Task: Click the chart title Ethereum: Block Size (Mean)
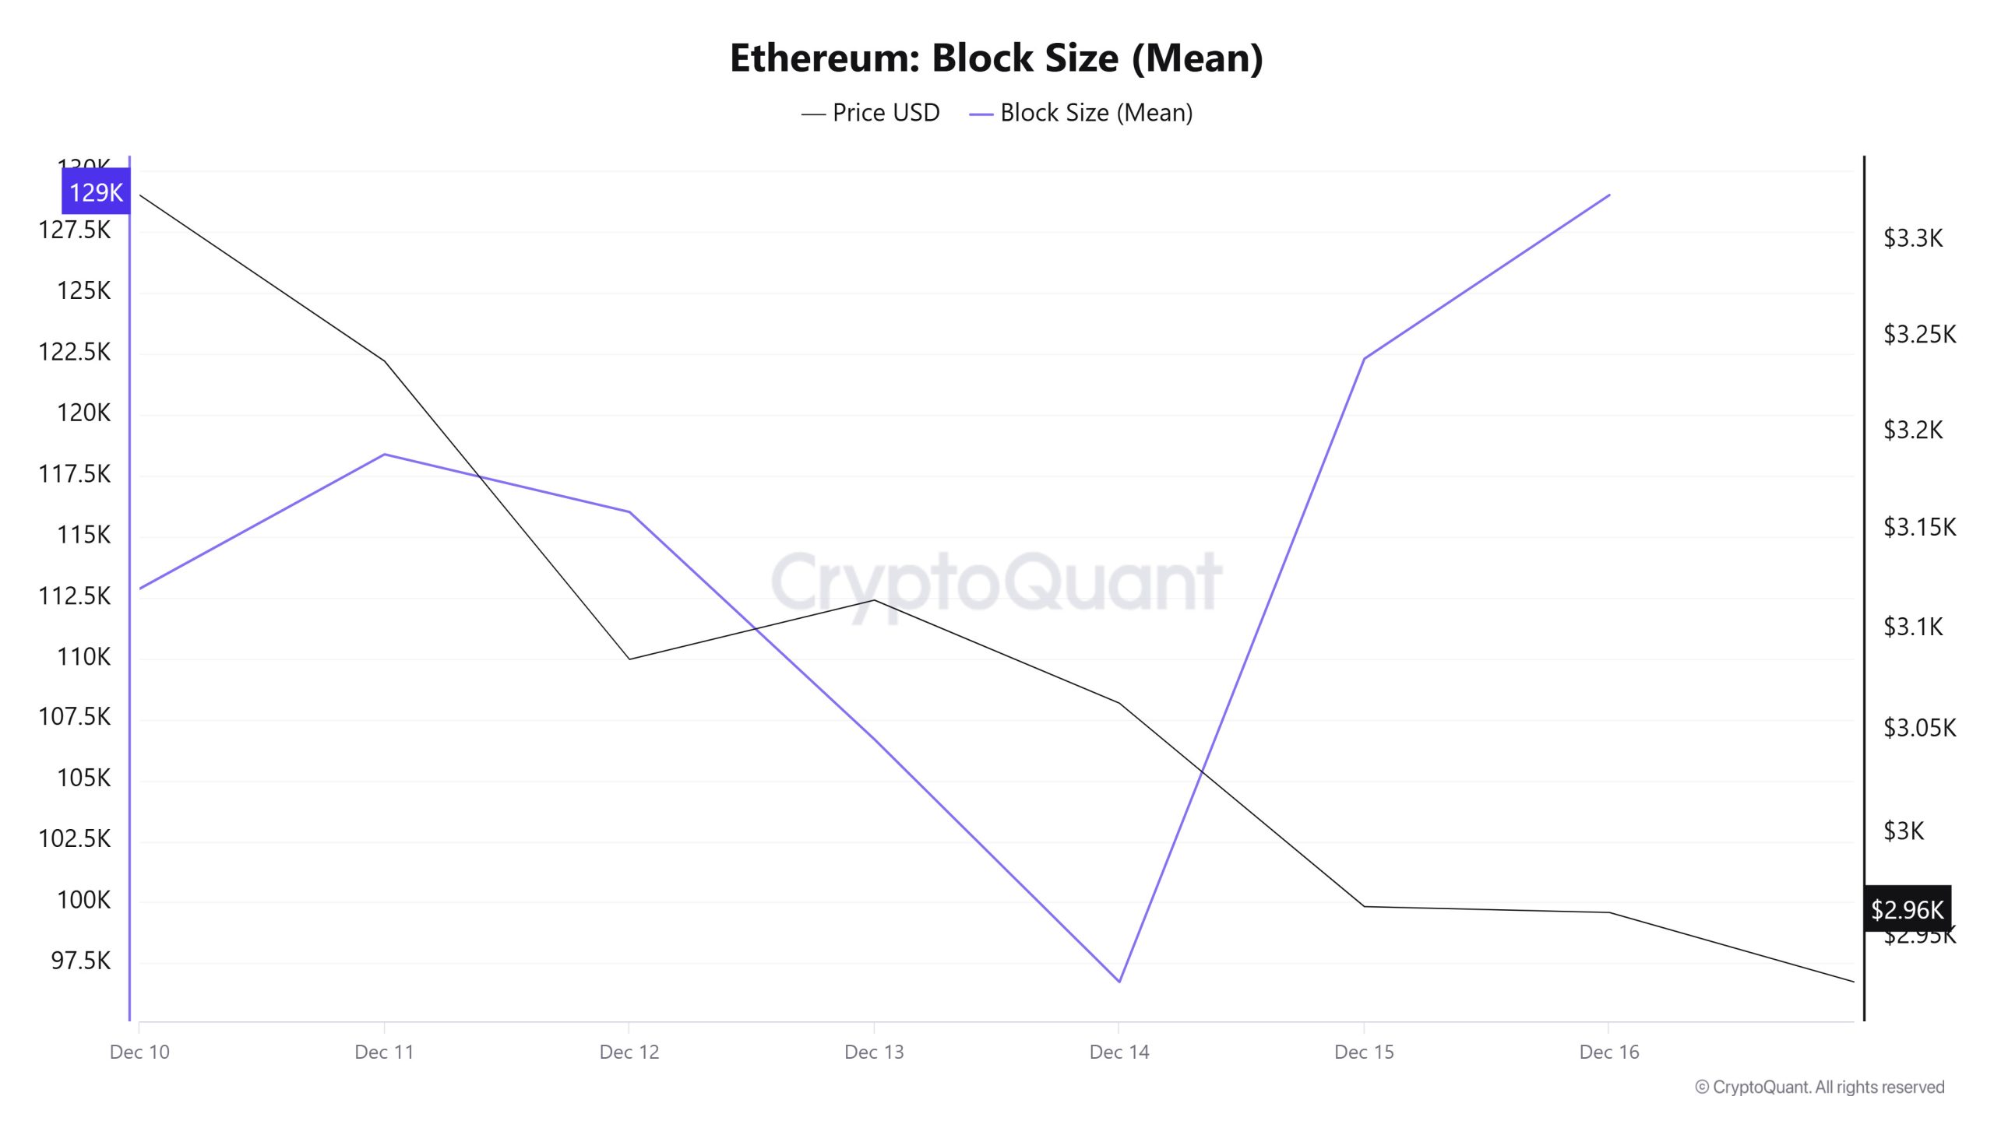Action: [x=996, y=58]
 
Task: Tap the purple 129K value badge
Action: [x=96, y=192]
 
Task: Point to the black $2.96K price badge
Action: [x=1907, y=908]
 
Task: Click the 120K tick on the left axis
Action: [x=83, y=413]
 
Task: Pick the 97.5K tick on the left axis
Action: [x=81, y=961]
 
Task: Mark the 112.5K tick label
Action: [x=75, y=596]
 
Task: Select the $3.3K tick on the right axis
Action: [x=1913, y=238]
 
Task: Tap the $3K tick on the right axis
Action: [x=1904, y=831]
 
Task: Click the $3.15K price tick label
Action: [x=1919, y=528]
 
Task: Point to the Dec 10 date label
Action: [x=139, y=1052]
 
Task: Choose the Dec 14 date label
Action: [x=1119, y=1052]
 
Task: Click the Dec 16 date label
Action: [x=1609, y=1052]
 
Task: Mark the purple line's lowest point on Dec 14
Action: [x=1119, y=982]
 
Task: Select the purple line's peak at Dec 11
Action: [x=385, y=454]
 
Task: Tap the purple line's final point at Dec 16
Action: [x=1609, y=195]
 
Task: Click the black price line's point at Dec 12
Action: [x=629, y=659]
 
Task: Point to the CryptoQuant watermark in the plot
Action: [x=996, y=582]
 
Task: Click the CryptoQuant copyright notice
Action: [x=1820, y=1088]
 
